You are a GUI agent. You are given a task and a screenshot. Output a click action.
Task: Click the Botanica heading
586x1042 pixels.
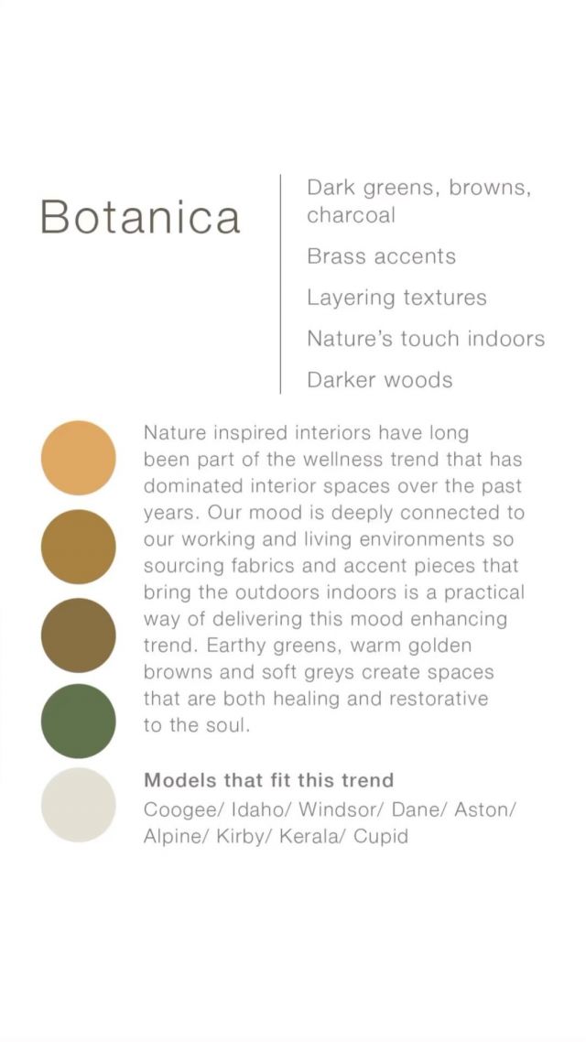140,217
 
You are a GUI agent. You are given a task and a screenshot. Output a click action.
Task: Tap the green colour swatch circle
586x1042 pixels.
79,721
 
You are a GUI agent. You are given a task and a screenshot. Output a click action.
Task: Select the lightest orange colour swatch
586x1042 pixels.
79,458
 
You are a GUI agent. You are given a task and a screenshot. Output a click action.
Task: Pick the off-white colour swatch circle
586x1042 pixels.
79,805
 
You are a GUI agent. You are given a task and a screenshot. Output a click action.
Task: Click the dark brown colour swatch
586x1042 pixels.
79,635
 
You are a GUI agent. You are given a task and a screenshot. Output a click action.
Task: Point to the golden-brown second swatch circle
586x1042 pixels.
79,547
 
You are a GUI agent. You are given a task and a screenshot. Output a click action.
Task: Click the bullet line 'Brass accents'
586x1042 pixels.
382,256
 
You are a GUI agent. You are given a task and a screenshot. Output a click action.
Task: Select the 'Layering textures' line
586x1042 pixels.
396,298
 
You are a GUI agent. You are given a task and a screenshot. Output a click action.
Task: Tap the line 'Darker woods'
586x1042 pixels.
380,380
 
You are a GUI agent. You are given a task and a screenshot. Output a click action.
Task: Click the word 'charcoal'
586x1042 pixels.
351,215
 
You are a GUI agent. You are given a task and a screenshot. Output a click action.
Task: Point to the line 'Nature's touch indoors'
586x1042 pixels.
426,339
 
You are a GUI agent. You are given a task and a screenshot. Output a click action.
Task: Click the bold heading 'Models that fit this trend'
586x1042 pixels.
269,779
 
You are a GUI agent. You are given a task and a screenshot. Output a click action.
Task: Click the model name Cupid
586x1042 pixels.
381,837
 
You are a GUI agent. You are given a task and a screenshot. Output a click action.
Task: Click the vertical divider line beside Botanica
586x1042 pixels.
280,284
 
